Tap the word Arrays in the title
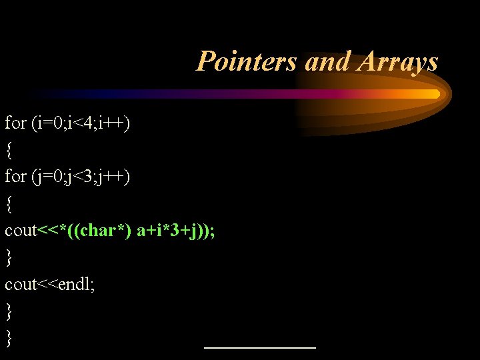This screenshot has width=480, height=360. (x=398, y=62)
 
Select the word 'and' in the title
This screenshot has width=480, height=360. (x=327, y=62)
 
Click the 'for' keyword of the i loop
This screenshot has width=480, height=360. (x=16, y=123)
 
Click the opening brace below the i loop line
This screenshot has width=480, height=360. (x=9, y=151)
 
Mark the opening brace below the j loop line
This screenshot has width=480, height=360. (x=9, y=205)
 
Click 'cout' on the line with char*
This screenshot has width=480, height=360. (x=21, y=231)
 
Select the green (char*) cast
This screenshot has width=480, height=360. (x=108, y=231)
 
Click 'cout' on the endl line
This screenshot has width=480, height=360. (x=21, y=285)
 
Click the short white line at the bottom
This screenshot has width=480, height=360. (x=259, y=347)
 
